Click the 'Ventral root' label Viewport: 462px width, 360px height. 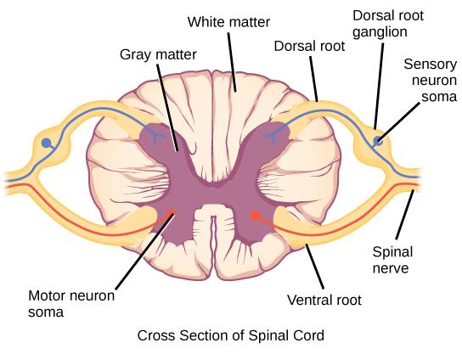324,299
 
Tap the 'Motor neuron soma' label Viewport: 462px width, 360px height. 72,303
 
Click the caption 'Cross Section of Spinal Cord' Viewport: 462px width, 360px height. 230,335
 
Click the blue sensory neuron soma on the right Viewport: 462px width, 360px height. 377,139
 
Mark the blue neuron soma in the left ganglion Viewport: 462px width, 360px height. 48,143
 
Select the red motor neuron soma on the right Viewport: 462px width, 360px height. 254,216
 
